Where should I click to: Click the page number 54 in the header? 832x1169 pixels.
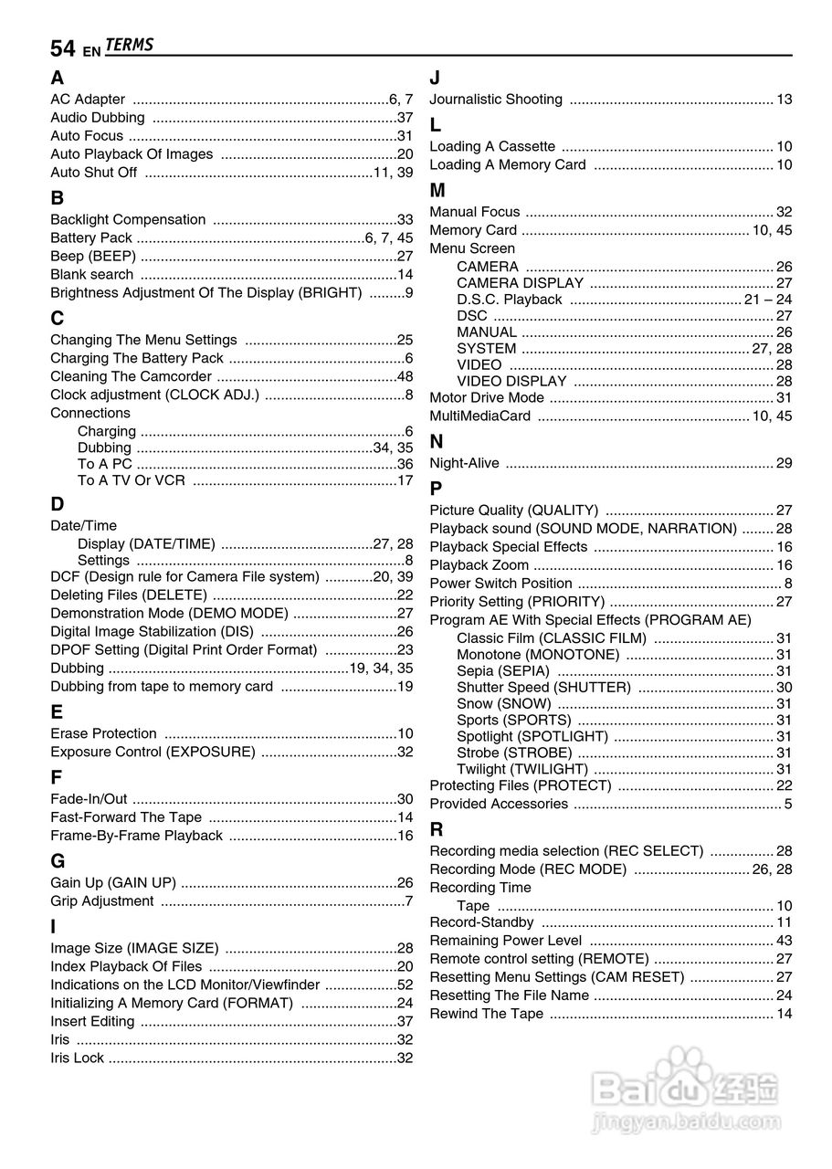62,48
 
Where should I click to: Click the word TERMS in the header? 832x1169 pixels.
129,46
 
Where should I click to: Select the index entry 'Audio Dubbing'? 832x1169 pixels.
97,118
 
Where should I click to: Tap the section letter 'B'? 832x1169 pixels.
58,197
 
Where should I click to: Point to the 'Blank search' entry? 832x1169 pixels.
91,275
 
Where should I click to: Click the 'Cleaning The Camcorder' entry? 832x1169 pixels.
131,377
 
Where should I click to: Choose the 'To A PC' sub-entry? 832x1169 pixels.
104,464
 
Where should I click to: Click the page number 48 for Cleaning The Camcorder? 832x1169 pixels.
405,377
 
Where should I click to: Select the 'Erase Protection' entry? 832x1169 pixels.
103,734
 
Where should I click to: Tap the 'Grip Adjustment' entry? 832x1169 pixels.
101,901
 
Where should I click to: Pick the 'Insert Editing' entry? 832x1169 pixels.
92,1022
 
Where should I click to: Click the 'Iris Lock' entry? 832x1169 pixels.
77,1058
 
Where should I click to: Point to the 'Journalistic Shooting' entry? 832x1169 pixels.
496,100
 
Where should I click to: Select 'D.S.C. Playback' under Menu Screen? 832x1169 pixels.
510,300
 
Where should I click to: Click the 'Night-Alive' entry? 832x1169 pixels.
464,464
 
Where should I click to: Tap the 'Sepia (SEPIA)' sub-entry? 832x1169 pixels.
503,671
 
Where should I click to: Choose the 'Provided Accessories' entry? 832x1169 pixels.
499,805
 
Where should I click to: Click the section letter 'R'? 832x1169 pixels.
437,829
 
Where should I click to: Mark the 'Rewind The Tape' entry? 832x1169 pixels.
486,1014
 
